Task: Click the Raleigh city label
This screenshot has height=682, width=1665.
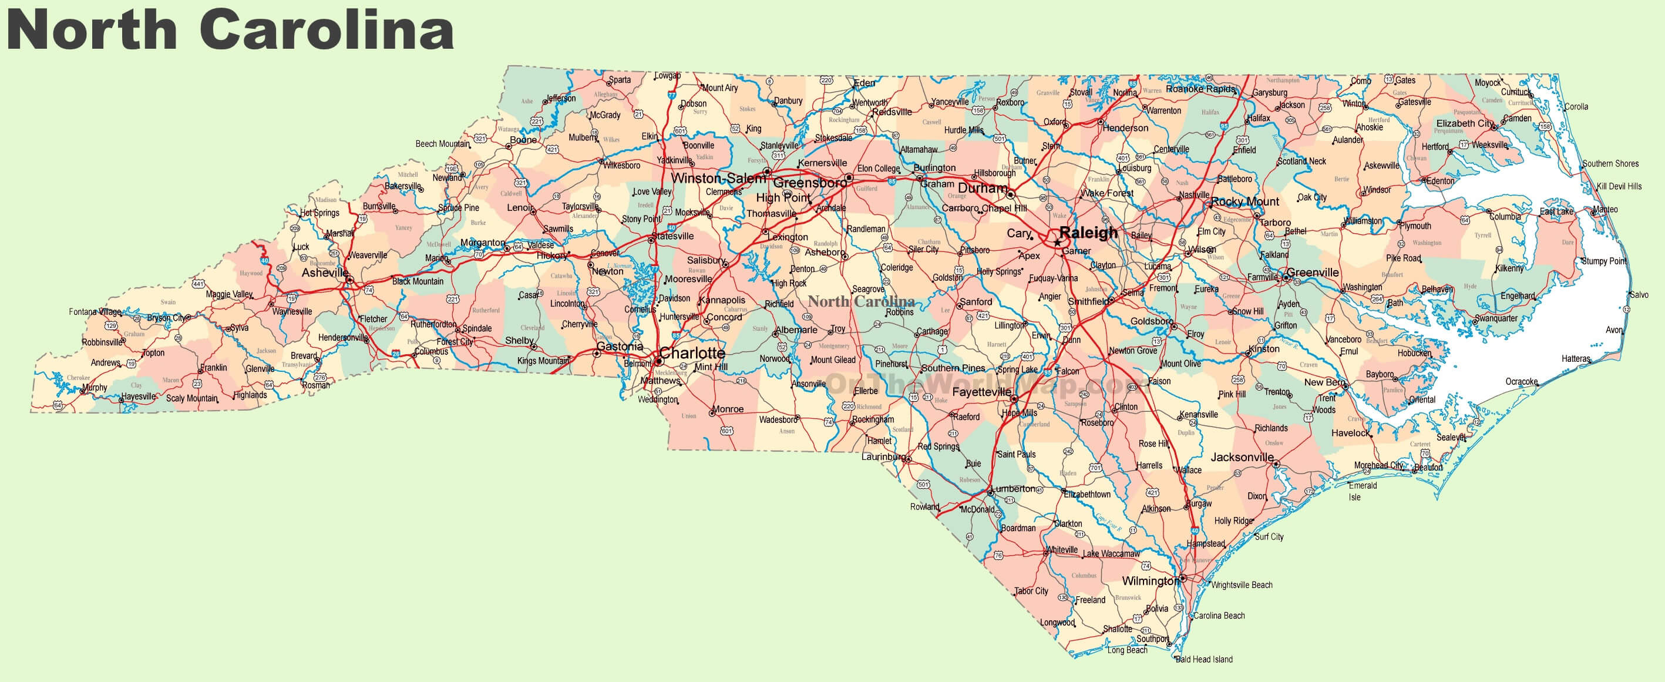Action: pyautogui.click(x=1088, y=233)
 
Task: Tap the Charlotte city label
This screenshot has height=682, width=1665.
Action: pyautogui.click(x=692, y=353)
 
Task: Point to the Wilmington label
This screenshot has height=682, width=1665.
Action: pyautogui.click(x=1151, y=580)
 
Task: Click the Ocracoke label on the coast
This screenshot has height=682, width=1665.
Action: pyautogui.click(x=1522, y=381)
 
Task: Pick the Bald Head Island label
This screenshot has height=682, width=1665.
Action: pyautogui.click(x=1204, y=659)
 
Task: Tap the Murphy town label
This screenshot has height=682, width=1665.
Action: pyautogui.click(x=95, y=388)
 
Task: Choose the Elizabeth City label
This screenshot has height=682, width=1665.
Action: pyautogui.click(x=1465, y=123)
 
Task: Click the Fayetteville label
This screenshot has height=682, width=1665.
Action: pyautogui.click(x=981, y=392)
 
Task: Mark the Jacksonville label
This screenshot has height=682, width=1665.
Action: pyautogui.click(x=1242, y=457)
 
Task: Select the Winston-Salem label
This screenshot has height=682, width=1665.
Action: pyautogui.click(x=718, y=178)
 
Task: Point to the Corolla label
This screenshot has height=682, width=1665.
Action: pyautogui.click(x=1576, y=107)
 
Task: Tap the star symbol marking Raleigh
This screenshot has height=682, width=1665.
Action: pyautogui.click(x=1057, y=243)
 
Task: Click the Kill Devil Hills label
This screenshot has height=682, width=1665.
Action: pyautogui.click(x=1619, y=186)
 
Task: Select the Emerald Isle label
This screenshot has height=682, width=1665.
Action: pyautogui.click(x=1363, y=490)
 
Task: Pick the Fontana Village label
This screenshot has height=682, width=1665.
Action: pyautogui.click(x=95, y=311)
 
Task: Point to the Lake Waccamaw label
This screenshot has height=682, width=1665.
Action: pyautogui.click(x=1111, y=553)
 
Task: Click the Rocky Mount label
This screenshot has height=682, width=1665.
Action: pyautogui.click(x=1245, y=201)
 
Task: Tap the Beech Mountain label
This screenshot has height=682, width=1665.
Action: pyautogui.click(x=442, y=143)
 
